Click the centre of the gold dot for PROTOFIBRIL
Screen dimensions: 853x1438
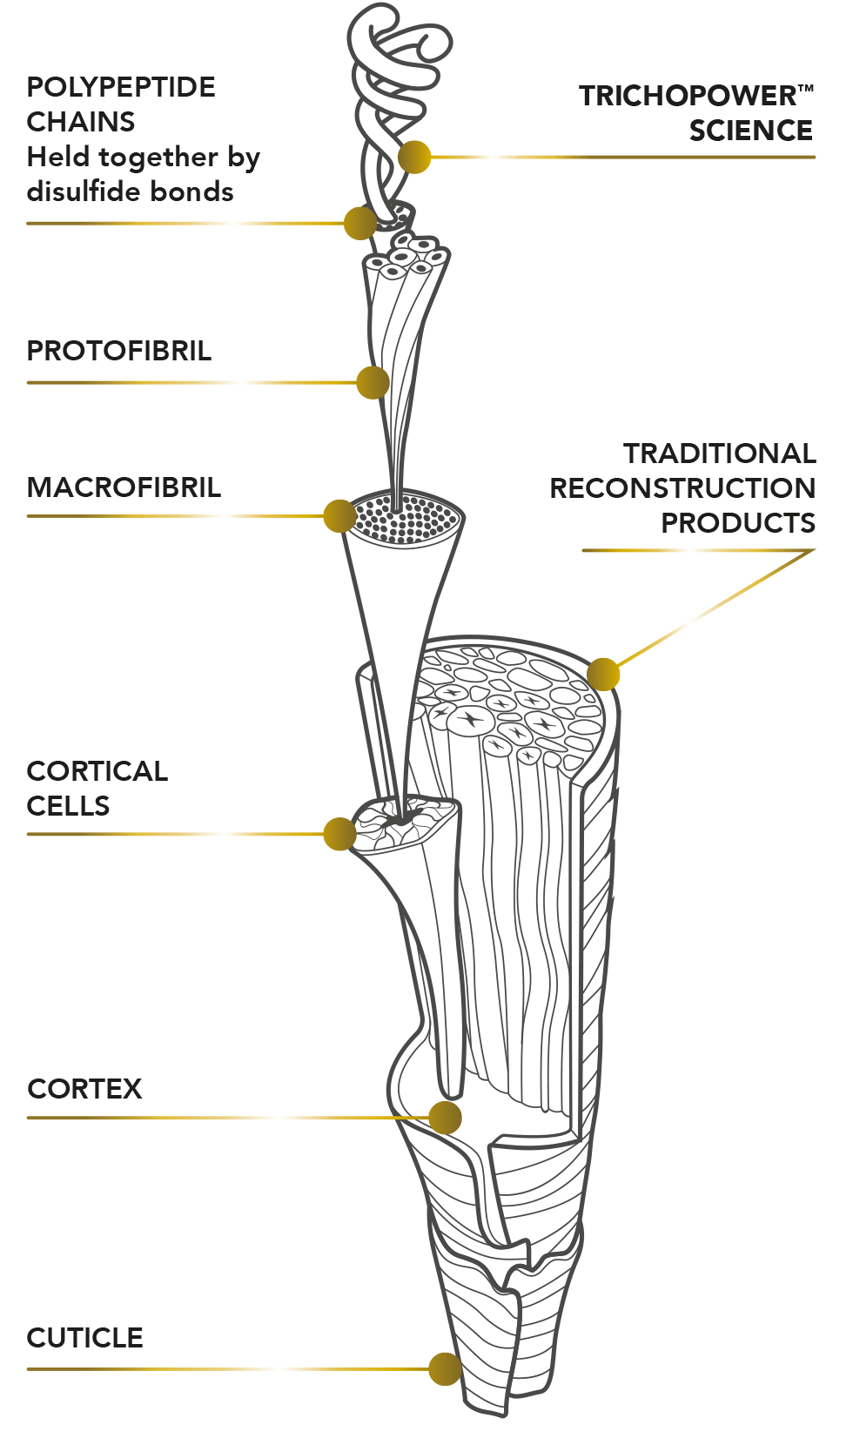373,383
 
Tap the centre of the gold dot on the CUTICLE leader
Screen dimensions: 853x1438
446,1368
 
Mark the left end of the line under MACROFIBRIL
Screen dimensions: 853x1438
27,516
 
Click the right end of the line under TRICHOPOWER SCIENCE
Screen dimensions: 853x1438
815,157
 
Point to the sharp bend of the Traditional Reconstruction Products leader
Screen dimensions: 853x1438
815,550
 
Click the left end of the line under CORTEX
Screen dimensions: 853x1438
27,1118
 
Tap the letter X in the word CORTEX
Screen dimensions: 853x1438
131,1089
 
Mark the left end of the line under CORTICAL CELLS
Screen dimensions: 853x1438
27,835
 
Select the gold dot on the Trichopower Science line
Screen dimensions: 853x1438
414,157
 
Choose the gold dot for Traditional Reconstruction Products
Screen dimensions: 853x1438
603,675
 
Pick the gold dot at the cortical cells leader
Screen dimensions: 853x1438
340,834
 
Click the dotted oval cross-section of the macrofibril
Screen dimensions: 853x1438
406,519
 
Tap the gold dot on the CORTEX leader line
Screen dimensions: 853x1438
445,1118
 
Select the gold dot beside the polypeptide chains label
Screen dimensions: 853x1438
360,224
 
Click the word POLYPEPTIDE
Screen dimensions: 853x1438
121,87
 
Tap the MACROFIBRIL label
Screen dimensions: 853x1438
124,487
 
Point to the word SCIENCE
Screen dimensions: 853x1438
751,131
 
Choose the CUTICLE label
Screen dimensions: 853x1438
84,1339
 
